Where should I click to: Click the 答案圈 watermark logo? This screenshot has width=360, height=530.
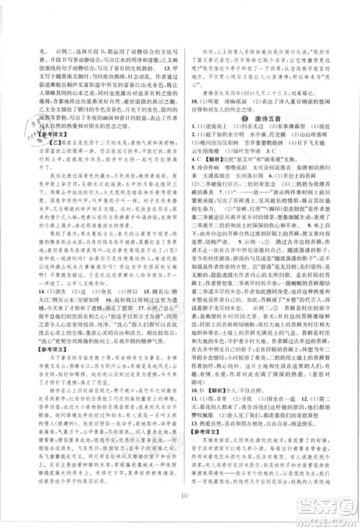click(x=317, y=504)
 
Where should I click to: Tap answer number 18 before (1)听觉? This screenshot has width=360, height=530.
click(x=190, y=101)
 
